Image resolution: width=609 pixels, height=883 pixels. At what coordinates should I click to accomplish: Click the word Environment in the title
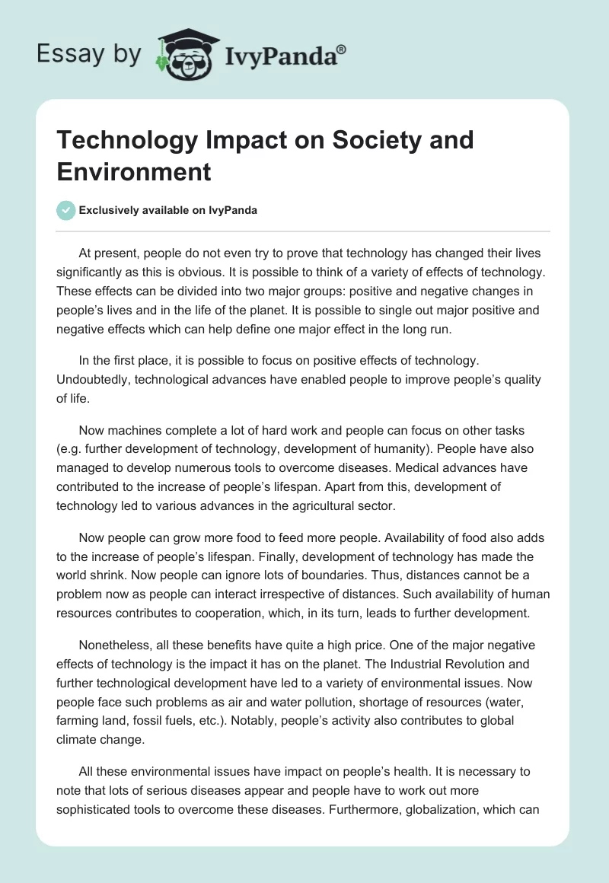(x=134, y=171)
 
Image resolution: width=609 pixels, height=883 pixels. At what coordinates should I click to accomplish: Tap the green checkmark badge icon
(x=66, y=210)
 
